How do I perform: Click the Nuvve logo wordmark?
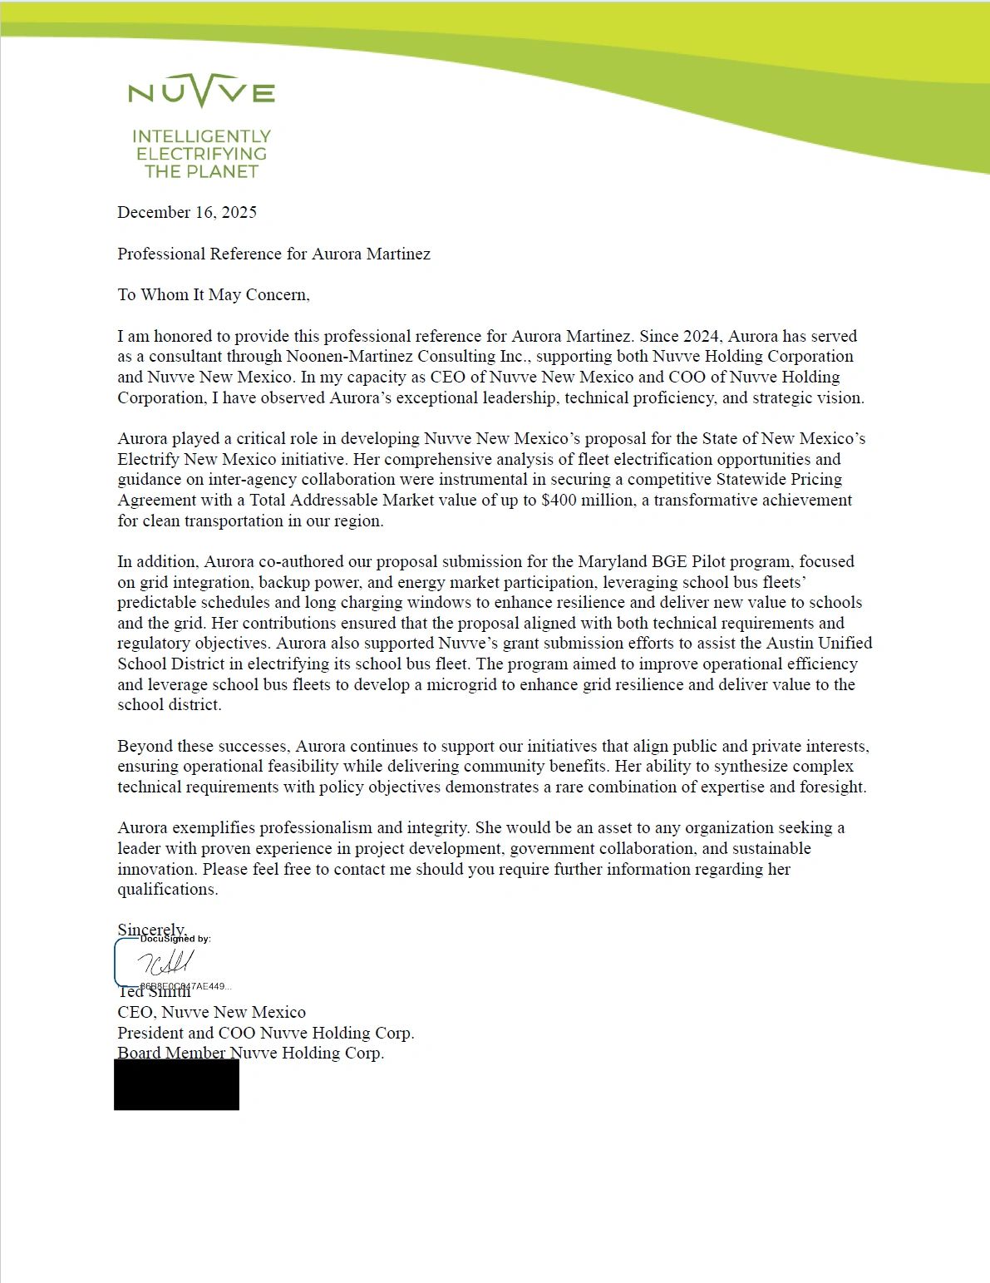[201, 91]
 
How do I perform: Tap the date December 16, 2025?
[187, 212]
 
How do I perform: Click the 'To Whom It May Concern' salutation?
[214, 294]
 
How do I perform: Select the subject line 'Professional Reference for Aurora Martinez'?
[273, 254]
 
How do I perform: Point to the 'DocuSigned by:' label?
[175, 939]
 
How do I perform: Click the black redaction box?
[176, 1084]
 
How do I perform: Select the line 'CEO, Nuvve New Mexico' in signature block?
[211, 1012]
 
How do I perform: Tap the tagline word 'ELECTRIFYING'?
[201, 154]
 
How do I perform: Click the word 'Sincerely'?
[150, 929]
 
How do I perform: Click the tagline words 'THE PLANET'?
[201, 171]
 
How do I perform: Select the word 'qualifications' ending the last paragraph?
[166, 889]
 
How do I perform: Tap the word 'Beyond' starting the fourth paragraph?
[143, 746]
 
